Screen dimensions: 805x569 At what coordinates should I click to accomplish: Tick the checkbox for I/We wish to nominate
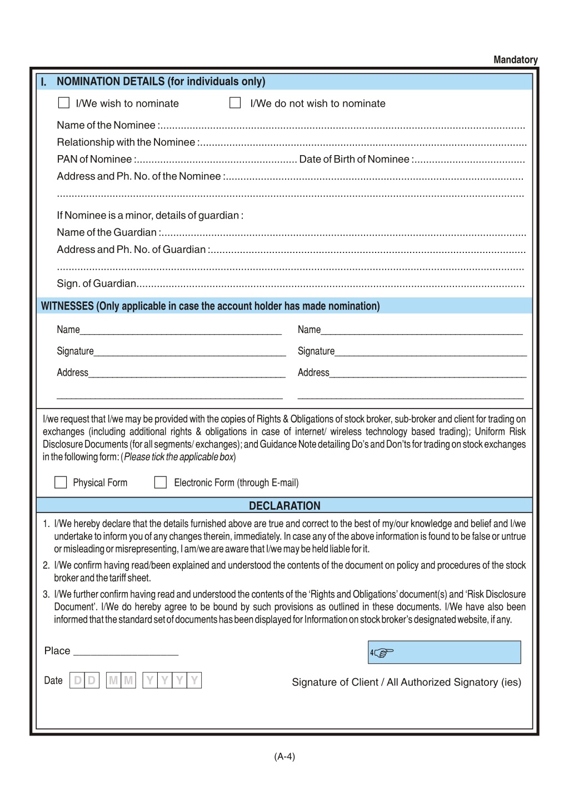[64, 103]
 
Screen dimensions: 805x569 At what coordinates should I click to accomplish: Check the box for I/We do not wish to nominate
[235, 103]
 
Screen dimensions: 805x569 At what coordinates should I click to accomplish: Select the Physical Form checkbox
[61, 482]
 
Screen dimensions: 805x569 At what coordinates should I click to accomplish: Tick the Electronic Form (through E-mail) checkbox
[160, 482]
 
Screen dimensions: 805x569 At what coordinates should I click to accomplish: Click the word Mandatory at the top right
[515, 59]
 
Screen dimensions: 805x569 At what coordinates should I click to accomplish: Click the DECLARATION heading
[284, 505]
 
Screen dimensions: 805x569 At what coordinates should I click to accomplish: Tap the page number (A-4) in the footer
[284, 756]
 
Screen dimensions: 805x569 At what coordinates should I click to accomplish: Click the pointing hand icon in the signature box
[383, 653]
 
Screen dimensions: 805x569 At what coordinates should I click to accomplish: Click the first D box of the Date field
[77, 680]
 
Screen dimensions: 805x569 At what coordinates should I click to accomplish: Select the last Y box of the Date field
[194, 680]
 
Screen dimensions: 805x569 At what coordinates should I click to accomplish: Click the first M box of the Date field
[113, 680]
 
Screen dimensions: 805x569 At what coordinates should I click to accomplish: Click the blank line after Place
[126, 652]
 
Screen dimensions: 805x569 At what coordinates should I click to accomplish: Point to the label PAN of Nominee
[94, 160]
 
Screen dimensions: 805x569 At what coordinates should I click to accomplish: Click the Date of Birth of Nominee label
[355, 160]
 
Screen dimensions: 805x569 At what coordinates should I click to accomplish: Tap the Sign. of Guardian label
[96, 284]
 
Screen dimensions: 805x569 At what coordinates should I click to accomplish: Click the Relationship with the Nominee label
[126, 142]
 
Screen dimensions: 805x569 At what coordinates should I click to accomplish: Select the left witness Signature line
[189, 351]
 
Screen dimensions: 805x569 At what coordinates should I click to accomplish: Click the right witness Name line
[422, 330]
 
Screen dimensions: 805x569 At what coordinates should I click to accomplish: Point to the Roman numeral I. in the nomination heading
[44, 82]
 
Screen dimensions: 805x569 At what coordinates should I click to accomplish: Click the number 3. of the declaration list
[46, 594]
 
